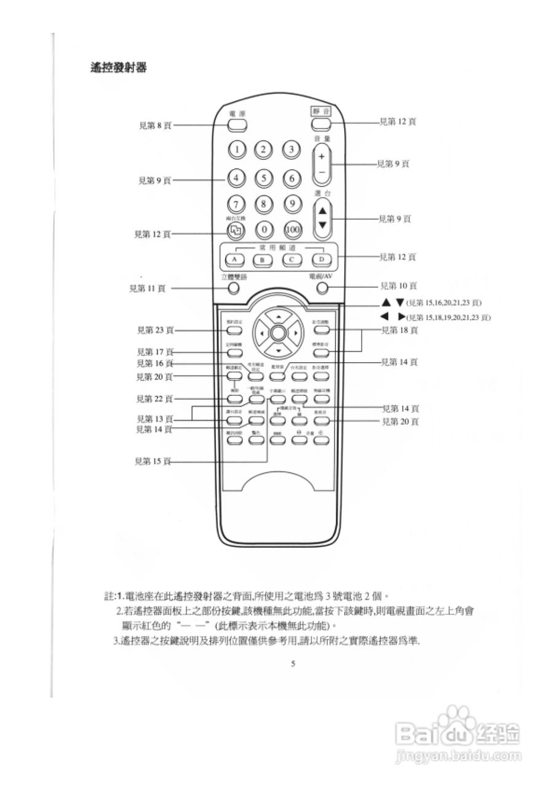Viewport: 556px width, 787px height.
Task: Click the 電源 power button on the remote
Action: (x=237, y=125)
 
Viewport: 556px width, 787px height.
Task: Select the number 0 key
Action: (x=264, y=230)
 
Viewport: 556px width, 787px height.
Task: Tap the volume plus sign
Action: (x=322, y=156)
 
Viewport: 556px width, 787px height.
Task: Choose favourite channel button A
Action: (x=234, y=259)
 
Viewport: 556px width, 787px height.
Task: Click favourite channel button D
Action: (x=320, y=259)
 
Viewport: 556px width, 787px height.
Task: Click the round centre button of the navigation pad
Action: (x=278, y=333)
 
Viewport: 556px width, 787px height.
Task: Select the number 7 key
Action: (x=237, y=204)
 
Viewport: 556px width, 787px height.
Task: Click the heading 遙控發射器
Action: (x=118, y=68)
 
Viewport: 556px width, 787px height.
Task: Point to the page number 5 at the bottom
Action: (x=293, y=663)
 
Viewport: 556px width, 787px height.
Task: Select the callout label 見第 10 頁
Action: (x=399, y=286)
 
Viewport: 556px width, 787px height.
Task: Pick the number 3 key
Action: (x=292, y=149)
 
